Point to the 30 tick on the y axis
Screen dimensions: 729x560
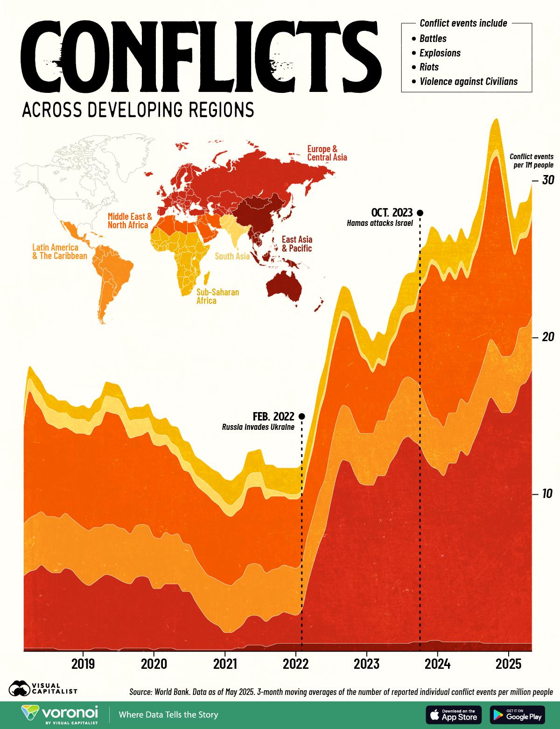[x=547, y=180]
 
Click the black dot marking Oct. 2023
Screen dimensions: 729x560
[x=420, y=213]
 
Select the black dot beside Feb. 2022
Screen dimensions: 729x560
[x=301, y=416]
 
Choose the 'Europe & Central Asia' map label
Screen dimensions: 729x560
[x=327, y=153]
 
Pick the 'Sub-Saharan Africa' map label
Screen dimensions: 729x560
[x=217, y=296]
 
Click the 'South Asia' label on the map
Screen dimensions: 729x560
[x=232, y=256]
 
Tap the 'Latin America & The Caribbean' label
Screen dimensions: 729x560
[x=59, y=252]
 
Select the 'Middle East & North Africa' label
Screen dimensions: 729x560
[x=130, y=221]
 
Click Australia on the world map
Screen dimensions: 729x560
[x=284, y=284]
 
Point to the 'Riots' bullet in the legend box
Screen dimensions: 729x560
[x=429, y=67]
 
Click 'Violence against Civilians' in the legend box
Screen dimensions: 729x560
[x=469, y=81]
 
